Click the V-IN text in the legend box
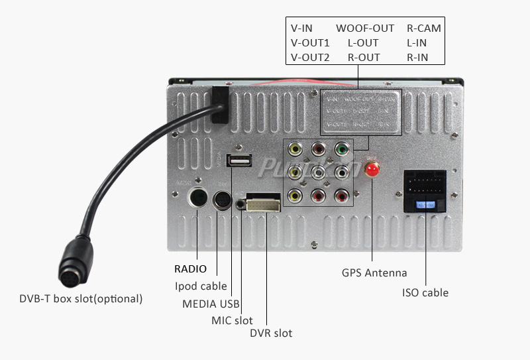click(301, 29)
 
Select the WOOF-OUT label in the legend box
click(364, 29)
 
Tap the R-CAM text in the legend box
click(424, 29)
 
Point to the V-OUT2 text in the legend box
click(310, 58)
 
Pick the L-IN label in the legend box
click(417, 43)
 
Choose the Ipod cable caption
click(201, 286)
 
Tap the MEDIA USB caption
click(210, 304)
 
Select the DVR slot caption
click(271, 333)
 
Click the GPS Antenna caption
click(374, 272)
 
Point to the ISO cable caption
click(425, 292)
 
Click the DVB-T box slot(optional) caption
click(81, 298)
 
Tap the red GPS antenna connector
click(373, 168)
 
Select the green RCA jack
click(341, 149)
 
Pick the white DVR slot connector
click(263, 202)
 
